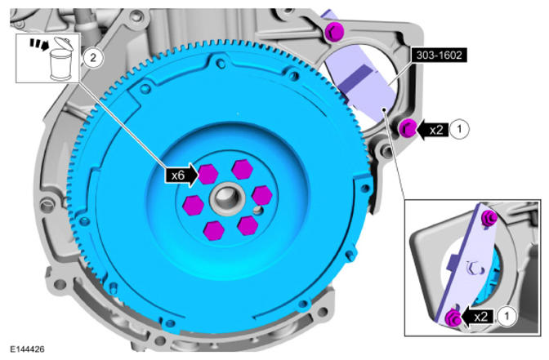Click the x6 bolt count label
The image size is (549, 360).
pos(178,175)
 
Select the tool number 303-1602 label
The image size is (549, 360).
pos(439,55)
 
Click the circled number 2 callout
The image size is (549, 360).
pos(93,57)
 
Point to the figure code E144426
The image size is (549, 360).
pos(27,349)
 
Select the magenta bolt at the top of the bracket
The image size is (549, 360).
pos(334,32)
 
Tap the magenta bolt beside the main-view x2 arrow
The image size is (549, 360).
pos(408,128)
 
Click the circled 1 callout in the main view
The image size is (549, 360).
pos(459,130)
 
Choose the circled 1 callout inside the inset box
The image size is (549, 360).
pos(506,317)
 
